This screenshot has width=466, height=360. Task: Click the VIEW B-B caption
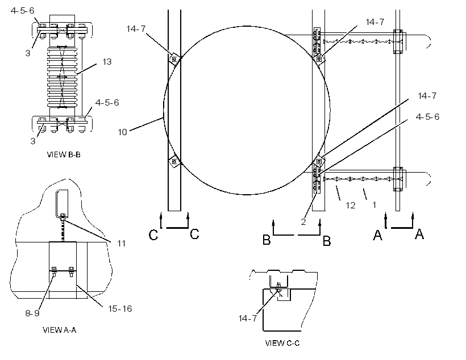(x=64, y=154)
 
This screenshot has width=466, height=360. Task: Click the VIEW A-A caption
(x=60, y=330)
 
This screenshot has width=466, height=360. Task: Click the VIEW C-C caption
(x=282, y=343)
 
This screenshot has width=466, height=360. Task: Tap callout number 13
(x=107, y=61)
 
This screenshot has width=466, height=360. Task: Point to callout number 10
(x=122, y=132)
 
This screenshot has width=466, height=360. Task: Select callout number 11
(x=121, y=243)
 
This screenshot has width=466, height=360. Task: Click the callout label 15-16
(x=120, y=309)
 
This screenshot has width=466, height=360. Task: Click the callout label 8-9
(x=32, y=313)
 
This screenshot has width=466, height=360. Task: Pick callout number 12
(x=351, y=205)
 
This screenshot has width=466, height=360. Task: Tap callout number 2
(x=303, y=221)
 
